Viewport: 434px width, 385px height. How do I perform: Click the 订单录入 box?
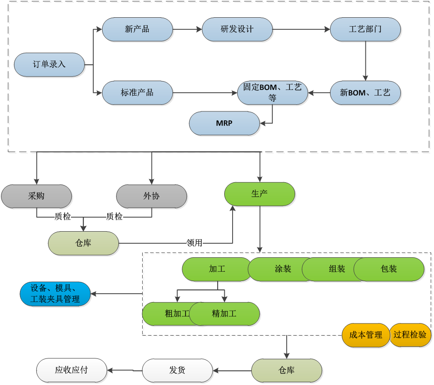click(49, 64)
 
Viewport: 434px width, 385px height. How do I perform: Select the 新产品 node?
click(137, 29)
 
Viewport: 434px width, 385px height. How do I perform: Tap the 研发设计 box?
click(237, 29)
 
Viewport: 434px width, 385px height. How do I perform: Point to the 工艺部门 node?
click(365, 29)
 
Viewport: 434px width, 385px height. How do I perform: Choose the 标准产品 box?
click(137, 92)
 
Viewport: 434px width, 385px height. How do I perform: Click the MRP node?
click(224, 124)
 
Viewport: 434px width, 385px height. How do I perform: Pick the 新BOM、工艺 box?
click(365, 93)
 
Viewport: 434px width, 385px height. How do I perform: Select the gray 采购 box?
click(36, 196)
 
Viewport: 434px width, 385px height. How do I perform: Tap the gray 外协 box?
click(152, 196)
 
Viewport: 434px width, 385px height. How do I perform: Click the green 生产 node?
click(260, 194)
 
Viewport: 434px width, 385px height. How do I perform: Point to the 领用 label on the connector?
click(194, 243)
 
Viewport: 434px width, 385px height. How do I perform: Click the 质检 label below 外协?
click(115, 216)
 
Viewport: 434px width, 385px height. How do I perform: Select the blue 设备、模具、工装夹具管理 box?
click(55, 294)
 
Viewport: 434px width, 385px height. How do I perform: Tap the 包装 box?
click(389, 269)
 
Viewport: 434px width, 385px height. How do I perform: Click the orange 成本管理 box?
click(365, 335)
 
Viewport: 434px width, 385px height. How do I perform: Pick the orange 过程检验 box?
click(410, 335)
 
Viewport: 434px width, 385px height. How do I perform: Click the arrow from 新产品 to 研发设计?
click(187, 29)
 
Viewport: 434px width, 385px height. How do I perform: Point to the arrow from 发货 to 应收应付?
click(124, 371)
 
